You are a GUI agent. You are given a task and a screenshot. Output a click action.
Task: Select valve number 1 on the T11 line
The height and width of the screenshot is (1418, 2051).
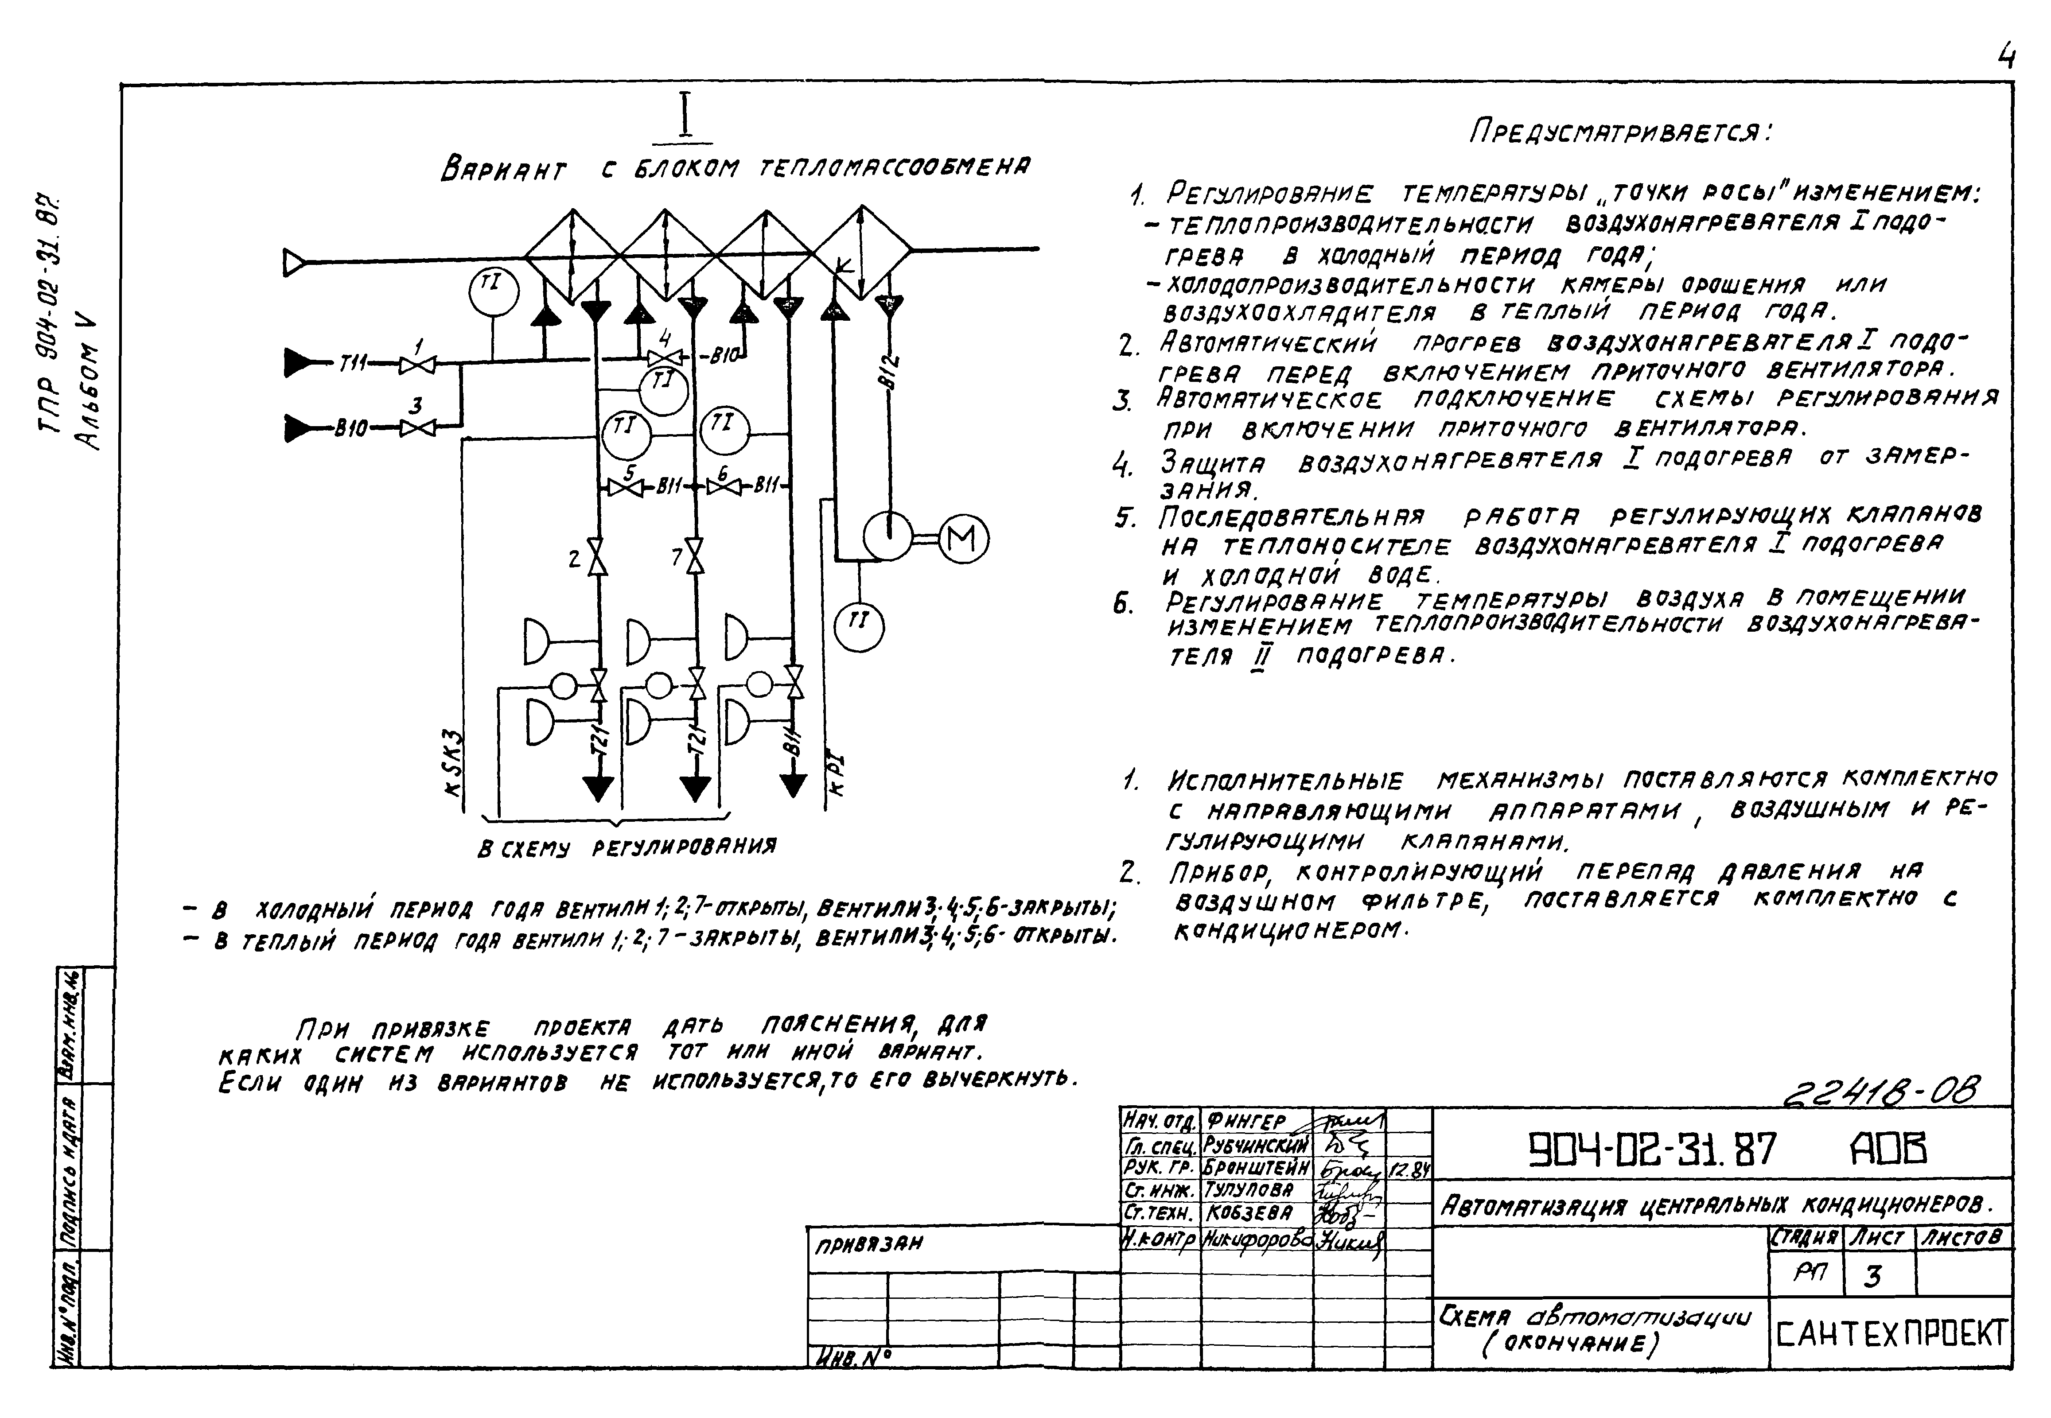click(x=417, y=364)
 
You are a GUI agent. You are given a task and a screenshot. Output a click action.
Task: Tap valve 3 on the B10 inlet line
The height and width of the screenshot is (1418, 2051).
click(x=417, y=428)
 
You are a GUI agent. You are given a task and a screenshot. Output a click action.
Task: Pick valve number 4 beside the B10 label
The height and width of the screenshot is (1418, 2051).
click(x=665, y=357)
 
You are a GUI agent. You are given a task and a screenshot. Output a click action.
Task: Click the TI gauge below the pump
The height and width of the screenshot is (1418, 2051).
click(x=858, y=626)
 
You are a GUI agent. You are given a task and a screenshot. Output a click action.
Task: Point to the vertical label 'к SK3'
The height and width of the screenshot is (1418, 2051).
click(x=453, y=764)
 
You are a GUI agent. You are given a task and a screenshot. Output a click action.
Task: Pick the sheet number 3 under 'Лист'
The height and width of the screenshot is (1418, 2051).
click(x=1872, y=1277)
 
